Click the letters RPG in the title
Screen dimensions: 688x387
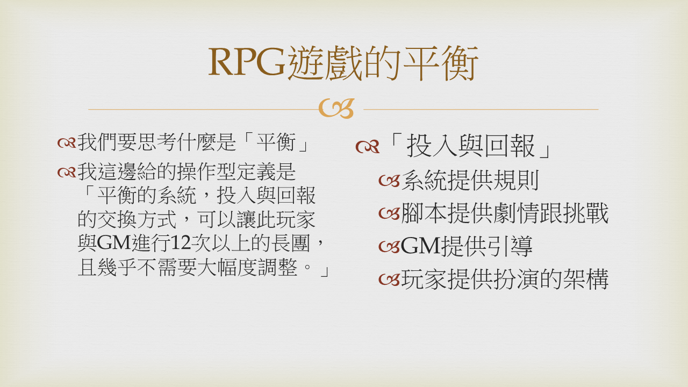[x=247, y=62]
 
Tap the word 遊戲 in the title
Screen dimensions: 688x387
[x=325, y=63]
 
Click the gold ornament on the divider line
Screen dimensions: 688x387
[x=336, y=109]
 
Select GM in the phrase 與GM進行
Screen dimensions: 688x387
[x=114, y=243]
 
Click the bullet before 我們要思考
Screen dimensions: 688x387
[x=66, y=143]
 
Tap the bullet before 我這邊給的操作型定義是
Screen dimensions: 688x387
[x=66, y=173]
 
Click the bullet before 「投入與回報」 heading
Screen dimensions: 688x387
[x=368, y=147]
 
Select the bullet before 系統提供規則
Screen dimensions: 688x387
[x=389, y=181]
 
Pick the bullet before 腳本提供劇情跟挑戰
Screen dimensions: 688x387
[x=389, y=213]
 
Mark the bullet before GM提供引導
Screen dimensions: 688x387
[x=389, y=247]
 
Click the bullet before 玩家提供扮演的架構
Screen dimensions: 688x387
[x=389, y=280]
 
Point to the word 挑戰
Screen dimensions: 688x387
[x=585, y=213]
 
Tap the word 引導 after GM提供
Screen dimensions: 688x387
[x=510, y=246]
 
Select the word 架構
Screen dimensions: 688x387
[x=585, y=279]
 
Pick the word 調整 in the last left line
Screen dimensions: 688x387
[x=277, y=267]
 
